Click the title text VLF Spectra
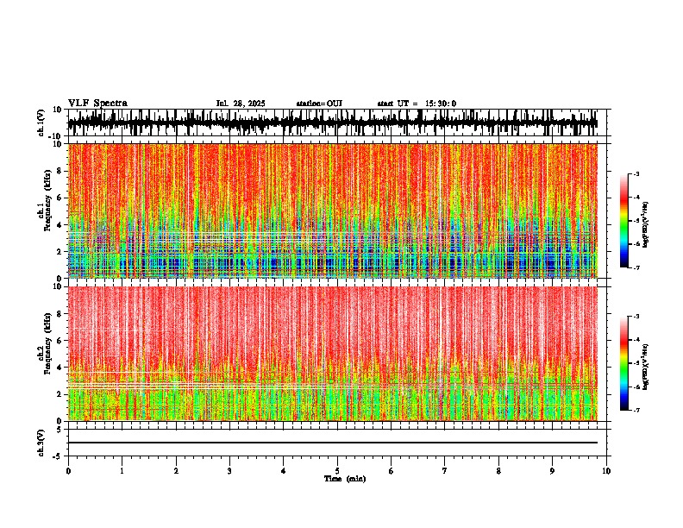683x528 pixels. click(x=97, y=103)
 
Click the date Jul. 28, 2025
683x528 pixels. click(x=241, y=104)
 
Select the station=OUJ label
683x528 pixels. click(x=319, y=104)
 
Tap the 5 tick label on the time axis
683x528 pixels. click(x=337, y=470)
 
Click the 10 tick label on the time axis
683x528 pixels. click(x=607, y=470)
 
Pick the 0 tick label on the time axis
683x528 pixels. click(x=68, y=470)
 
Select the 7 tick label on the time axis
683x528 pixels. click(x=445, y=470)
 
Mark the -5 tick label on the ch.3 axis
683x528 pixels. click(x=60, y=455)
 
